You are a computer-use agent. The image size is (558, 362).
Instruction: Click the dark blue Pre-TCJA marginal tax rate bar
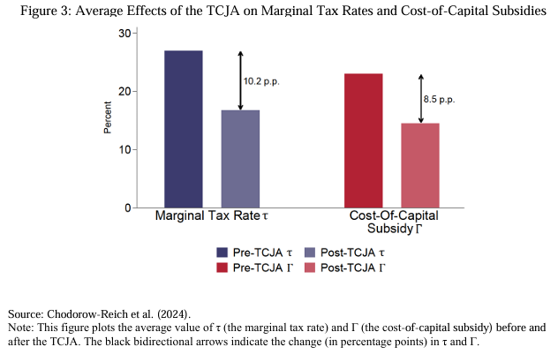(x=184, y=129)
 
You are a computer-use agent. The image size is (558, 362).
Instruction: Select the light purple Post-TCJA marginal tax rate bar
(x=240, y=159)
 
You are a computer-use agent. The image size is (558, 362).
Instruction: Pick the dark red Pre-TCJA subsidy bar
(x=363, y=140)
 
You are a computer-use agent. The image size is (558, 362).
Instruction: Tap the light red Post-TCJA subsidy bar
(x=419, y=165)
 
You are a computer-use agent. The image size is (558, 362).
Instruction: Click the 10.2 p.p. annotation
(x=263, y=80)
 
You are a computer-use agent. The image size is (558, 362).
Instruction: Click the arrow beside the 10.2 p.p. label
(x=240, y=80)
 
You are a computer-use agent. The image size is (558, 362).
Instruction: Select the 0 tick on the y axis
(x=125, y=207)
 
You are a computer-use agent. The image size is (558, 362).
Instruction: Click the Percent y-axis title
(x=108, y=120)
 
